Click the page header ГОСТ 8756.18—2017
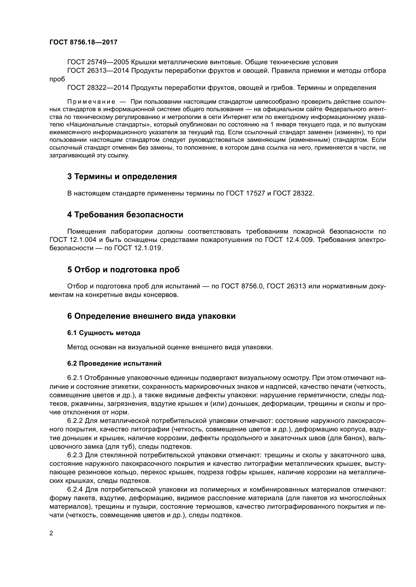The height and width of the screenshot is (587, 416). coord(83,42)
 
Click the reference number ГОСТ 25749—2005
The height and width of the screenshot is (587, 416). coord(98,62)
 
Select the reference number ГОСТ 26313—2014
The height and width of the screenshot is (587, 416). coord(98,71)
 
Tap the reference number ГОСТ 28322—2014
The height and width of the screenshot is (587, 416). coord(98,88)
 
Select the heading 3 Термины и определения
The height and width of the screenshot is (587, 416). coord(122,176)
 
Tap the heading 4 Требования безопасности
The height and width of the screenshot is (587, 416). coord(125,215)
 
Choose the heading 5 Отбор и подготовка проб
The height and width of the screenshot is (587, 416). coord(123,270)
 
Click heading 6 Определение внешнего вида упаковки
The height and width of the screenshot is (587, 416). coord(151,316)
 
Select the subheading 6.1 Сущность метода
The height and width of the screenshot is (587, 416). coord(104,333)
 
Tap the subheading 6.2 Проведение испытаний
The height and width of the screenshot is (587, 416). coord(114,364)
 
